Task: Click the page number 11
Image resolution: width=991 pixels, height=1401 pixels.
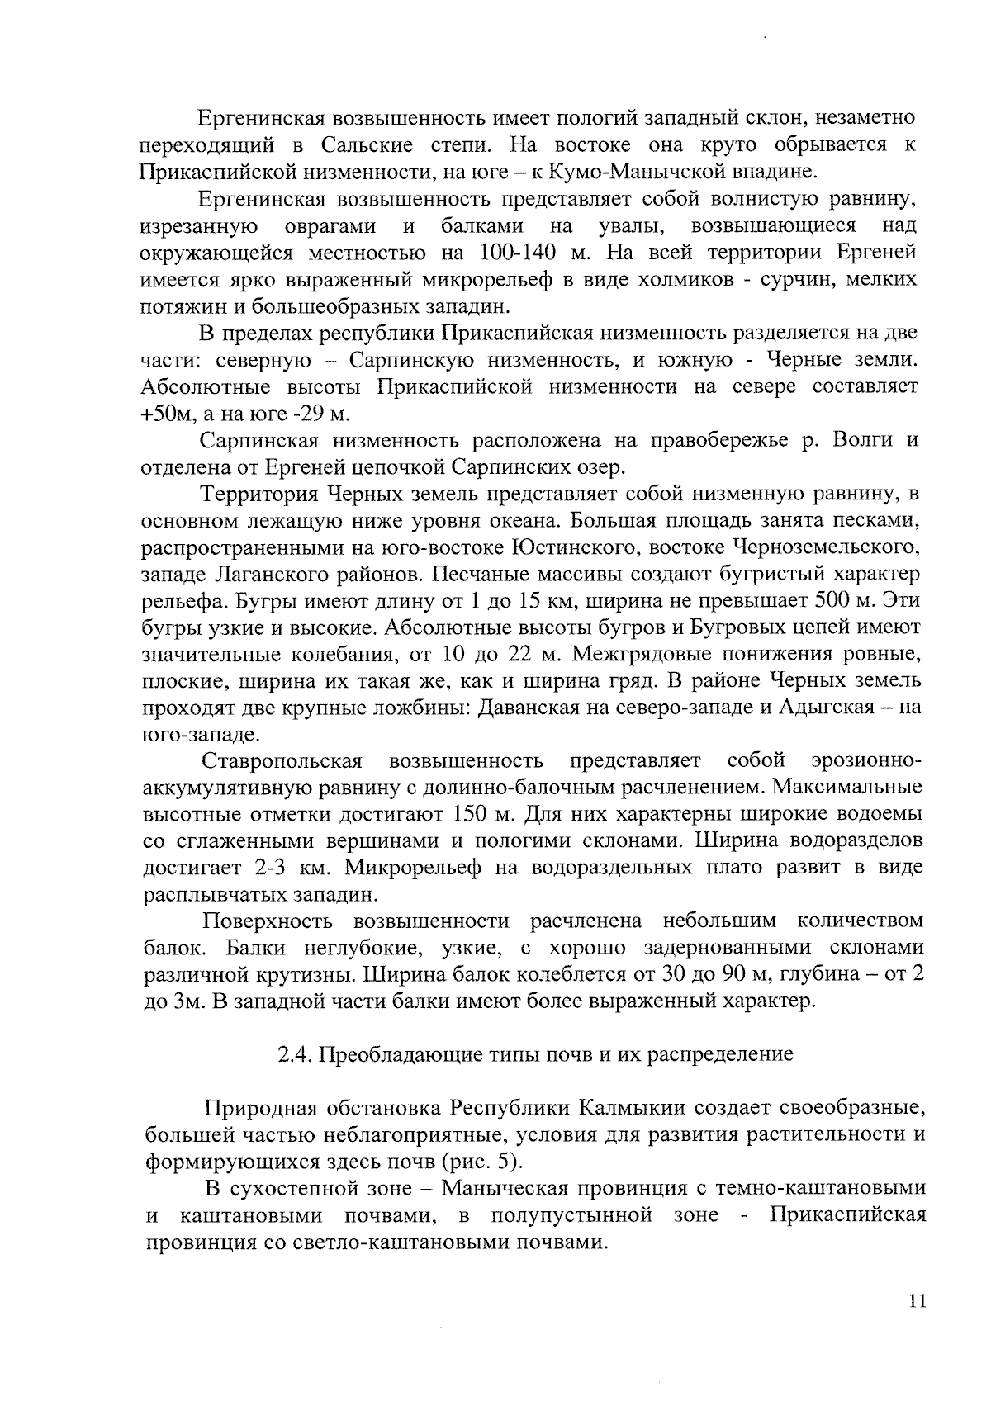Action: pyautogui.click(x=917, y=1302)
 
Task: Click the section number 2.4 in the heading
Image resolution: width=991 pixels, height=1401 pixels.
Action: pyautogui.click(x=292, y=1054)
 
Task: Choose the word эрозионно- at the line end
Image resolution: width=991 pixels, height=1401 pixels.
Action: pyautogui.click(x=865, y=760)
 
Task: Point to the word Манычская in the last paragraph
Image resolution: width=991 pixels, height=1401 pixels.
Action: pyautogui.click(x=505, y=1188)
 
